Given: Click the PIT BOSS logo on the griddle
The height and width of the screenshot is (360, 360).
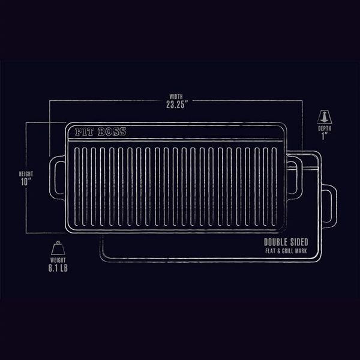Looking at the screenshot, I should click(x=101, y=132).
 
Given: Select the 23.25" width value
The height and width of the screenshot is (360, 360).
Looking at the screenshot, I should click(x=178, y=104).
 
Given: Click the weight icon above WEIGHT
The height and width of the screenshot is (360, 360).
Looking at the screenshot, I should click(x=59, y=248).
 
